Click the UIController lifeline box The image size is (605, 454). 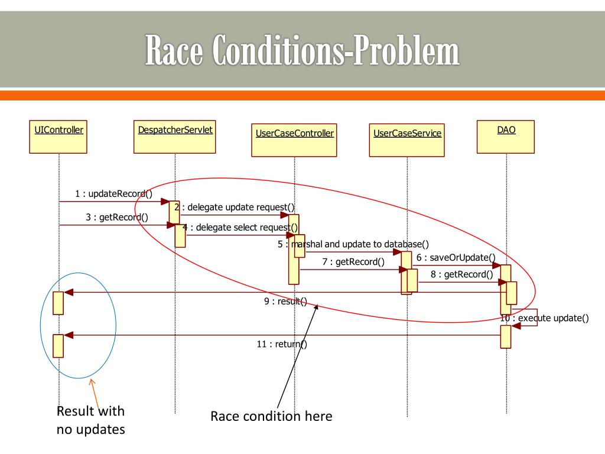point(58,137)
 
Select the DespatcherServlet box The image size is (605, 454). point(175,137)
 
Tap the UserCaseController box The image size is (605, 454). point(294,140)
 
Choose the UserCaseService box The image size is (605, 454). point(407,140)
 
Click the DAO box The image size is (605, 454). point(506,137)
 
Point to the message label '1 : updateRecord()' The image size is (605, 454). point(113,193)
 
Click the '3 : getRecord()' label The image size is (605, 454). point(117,217)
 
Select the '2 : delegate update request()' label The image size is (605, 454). point(234,207)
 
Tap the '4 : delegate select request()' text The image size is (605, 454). point(240,227)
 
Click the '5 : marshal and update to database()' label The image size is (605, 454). point(353,244)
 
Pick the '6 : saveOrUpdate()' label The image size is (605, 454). point(456,257)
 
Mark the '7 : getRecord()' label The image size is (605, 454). point(353,262)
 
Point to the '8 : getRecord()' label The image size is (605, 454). point(461,274)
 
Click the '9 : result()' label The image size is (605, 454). point(285,301)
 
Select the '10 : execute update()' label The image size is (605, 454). point(545,318)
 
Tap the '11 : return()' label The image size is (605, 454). point(282,344)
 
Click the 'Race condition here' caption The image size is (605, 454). point(271,416)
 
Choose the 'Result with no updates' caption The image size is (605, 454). point(91,420)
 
